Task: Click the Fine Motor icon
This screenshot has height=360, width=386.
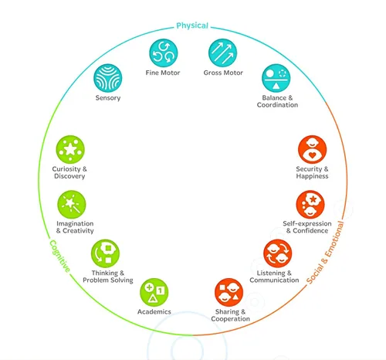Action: [164, 53]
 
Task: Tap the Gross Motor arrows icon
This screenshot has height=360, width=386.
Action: [222, 53]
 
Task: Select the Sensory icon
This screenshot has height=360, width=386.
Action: [108, 78]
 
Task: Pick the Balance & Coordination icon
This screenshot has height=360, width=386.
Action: [276, 78]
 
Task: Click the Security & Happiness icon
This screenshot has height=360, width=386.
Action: [312, 150]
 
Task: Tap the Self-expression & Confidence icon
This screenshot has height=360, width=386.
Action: [310, 205]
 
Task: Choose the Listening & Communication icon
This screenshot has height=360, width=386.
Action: [278, 253]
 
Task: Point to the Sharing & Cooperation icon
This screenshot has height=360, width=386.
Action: [229, 293]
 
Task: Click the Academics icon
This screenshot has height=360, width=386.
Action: [154, 293]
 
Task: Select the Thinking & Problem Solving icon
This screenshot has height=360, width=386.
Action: [105, 253]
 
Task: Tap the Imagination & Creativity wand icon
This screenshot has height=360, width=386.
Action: [72, 205]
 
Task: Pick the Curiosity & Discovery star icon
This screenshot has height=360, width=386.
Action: [70, 150]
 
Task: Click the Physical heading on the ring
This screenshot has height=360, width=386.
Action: [192, 25]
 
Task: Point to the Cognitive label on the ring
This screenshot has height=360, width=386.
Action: [59, 256]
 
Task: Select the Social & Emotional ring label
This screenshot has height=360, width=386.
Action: [325, 253]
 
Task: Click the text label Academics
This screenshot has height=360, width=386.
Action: [154, 312]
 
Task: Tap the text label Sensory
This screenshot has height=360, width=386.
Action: [108, 98]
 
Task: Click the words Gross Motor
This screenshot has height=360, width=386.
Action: [223, 73]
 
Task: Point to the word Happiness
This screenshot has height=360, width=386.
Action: [312, 176]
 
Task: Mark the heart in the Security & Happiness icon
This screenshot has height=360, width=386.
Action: [312, 155]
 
